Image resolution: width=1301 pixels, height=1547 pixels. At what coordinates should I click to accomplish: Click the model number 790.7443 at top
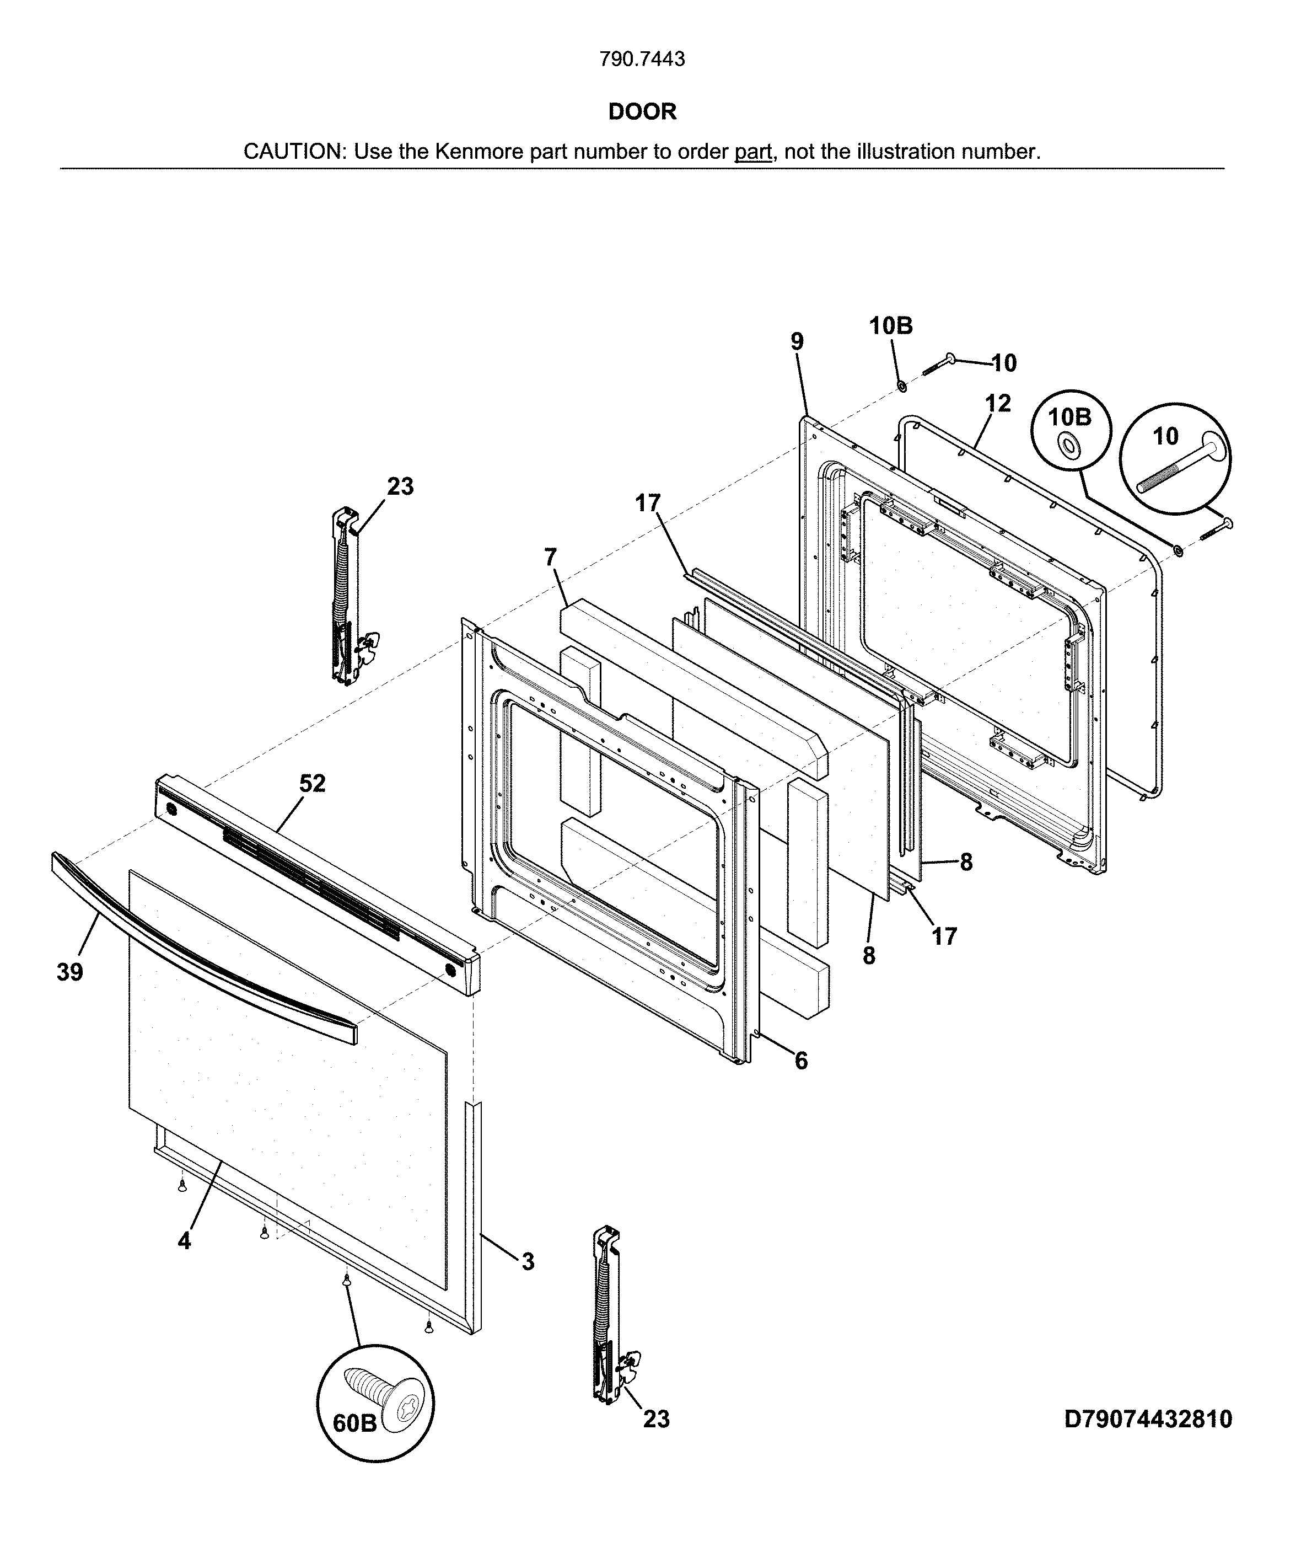pos(642,59)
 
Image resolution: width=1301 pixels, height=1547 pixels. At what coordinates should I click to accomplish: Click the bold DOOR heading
pos(642,111)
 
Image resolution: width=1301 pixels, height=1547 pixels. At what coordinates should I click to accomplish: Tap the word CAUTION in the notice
pos(293,152)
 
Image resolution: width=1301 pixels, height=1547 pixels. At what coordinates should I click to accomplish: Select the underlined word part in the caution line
pos(752,152)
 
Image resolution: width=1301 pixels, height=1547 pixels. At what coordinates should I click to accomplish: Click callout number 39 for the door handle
pos(70,972)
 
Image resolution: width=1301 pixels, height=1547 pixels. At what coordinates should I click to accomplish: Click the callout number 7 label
pos(550,557)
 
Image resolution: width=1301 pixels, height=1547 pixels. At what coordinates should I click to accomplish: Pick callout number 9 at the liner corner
pos(797,341)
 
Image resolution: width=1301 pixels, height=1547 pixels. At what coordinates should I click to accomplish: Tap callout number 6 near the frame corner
pos(801,1061)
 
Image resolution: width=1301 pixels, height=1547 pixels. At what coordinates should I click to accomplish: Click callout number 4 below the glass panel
pos(184,1241)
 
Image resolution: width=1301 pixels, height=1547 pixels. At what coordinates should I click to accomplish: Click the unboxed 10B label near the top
pos(890,325)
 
